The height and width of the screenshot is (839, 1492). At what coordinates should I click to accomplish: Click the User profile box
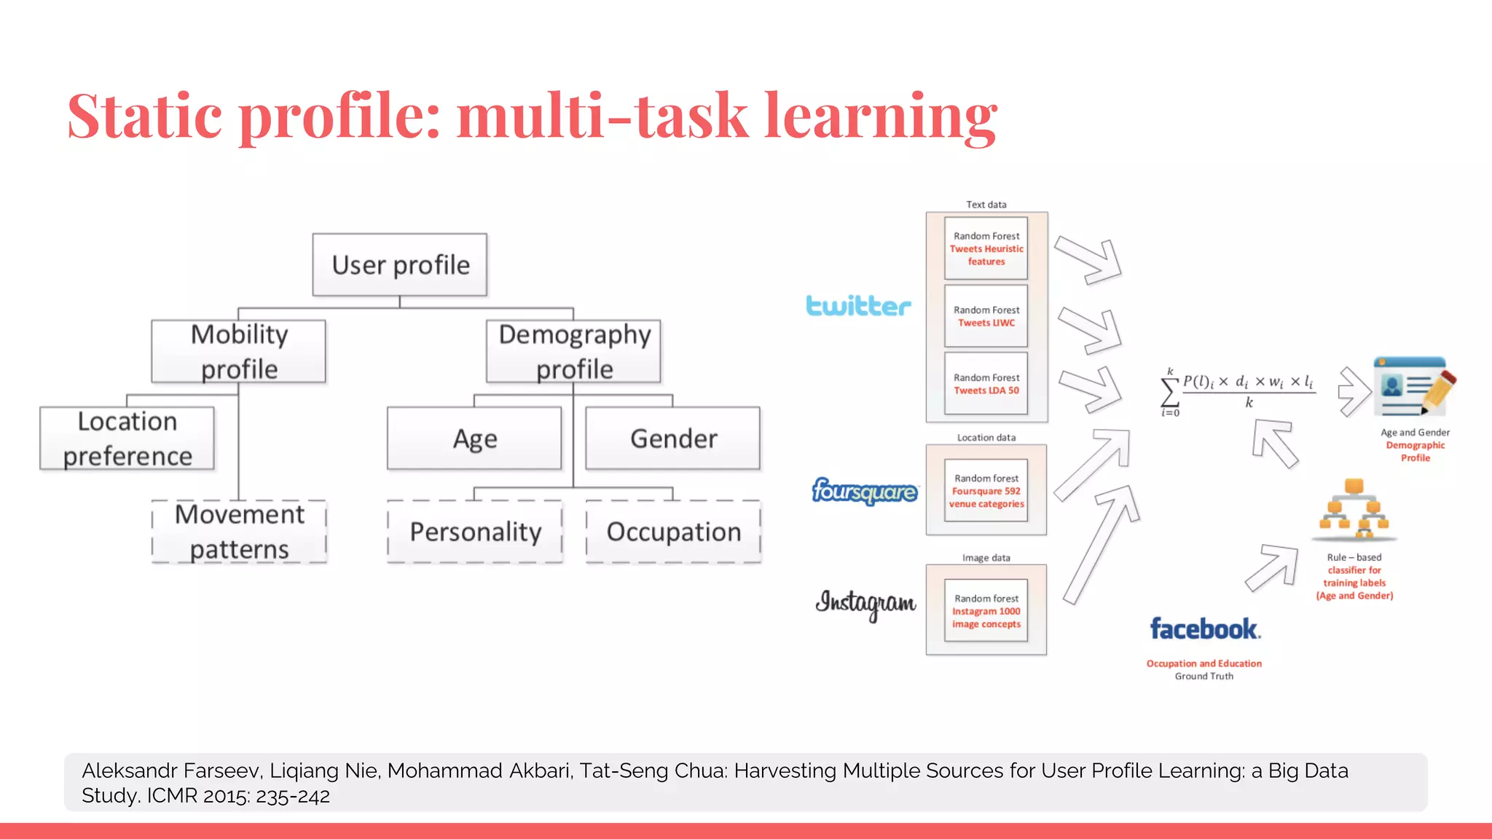[400, 264]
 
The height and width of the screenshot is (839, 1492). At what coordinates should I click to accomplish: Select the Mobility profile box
[239, 351]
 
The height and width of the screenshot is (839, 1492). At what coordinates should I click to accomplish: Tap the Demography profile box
[574, 351]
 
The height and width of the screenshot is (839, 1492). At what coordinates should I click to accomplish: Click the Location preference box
[127, 438]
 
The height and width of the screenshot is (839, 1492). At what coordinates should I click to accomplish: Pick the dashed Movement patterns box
[239, 532]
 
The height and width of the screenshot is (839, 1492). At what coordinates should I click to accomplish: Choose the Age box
[474, 438]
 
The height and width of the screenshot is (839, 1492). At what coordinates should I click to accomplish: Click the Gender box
[673, 438]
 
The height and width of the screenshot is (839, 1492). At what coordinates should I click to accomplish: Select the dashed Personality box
[475, 532]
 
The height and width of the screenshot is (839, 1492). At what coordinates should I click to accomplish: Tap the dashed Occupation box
[673, 532]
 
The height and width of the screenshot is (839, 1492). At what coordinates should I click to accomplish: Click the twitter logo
[858, 306]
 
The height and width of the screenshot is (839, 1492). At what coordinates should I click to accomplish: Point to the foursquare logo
[865, 492]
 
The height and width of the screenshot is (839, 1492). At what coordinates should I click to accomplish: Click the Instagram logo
[865, 604]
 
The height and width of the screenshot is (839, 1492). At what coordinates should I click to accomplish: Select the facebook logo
[1204, 629]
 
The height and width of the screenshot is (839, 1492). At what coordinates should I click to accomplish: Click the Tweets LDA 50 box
[986, 384]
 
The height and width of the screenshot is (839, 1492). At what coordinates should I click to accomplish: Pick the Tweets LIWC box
[986, 316]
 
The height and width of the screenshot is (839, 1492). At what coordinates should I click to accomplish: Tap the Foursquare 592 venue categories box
[986, 491]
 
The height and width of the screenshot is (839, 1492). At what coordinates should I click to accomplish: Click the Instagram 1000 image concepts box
[986, 611]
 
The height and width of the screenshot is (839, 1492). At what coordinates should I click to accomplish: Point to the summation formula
[1238, 391]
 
